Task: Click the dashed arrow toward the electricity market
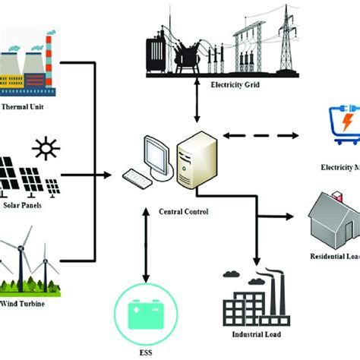pyautogui.click(x=250, y=137)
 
